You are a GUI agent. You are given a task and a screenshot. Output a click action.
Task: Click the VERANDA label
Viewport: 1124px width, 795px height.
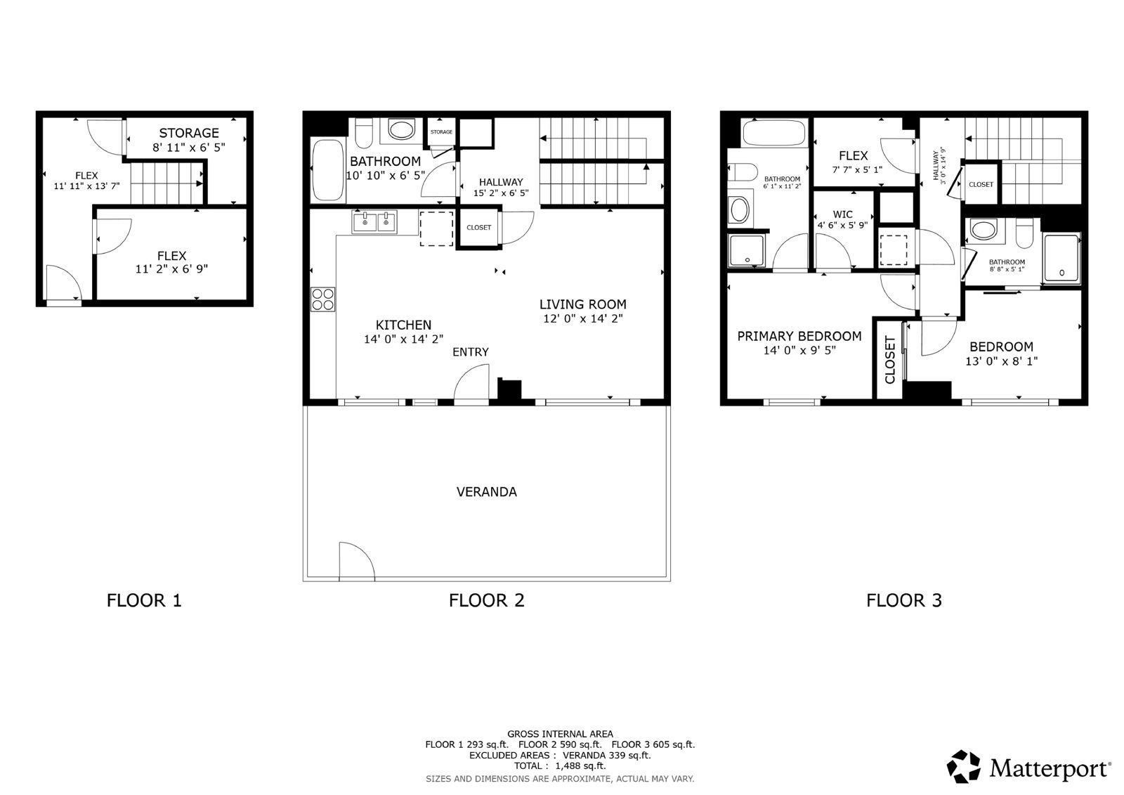tap(486, 492)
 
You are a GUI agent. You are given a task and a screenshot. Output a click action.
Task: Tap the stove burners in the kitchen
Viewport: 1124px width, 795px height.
tap(323, 299)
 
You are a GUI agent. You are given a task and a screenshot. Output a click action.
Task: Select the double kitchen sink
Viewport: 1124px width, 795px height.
tap(374, 222)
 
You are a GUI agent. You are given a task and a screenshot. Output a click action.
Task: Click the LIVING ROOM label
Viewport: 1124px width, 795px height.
tap(582, 304)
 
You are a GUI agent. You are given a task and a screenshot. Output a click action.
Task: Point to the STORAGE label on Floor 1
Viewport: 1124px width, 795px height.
tap(188, 133)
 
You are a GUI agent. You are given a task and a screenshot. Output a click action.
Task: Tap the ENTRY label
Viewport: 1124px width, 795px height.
tap(470, 352)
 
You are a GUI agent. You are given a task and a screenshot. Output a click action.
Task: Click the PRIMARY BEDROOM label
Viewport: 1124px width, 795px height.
tap(799, 336)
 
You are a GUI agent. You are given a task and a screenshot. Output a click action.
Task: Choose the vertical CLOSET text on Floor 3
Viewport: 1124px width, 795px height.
tap(889, 360)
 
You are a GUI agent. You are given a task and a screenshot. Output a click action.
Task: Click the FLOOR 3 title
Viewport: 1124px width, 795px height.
tap(903, 600)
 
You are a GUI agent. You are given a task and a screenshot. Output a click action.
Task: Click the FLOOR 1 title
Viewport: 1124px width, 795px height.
tap(144, 600)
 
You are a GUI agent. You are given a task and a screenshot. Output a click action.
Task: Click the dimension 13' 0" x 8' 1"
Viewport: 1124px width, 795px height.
tap(1001, 361)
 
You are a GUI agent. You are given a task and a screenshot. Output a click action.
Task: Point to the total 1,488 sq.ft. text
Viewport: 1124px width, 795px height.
tap(559, 766)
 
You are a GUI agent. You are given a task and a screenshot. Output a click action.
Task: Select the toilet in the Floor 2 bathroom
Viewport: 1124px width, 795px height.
tap(363, 132)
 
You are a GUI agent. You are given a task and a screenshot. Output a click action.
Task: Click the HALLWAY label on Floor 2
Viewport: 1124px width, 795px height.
tap(501, 182)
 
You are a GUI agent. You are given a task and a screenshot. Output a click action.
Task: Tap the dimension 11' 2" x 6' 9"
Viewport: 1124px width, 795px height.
tap(171, 269)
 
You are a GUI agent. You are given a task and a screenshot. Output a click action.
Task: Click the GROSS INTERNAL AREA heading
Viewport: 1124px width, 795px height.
tap(560, 734)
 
